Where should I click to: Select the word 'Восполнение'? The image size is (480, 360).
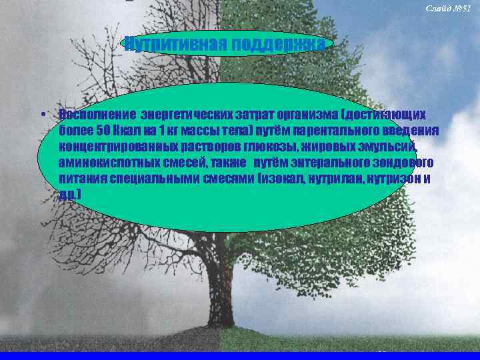click(x=92, y=114)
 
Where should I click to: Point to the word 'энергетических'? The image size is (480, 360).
click(x=178, y=114)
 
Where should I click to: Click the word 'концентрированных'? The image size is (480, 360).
click(x=117, y=146)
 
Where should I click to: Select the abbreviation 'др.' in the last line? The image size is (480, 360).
click(x=69, y=194)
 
